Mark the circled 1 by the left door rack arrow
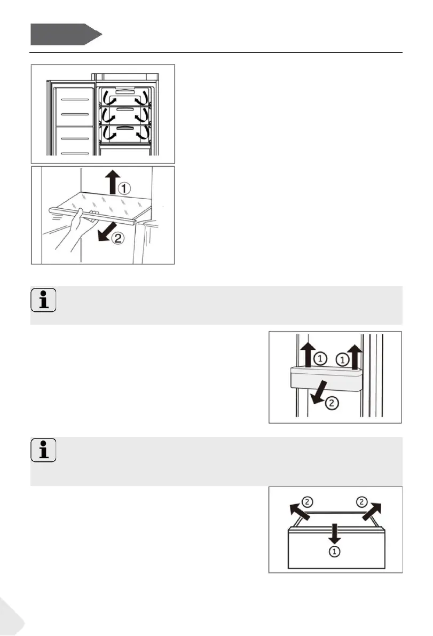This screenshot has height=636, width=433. tap(319, 359)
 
